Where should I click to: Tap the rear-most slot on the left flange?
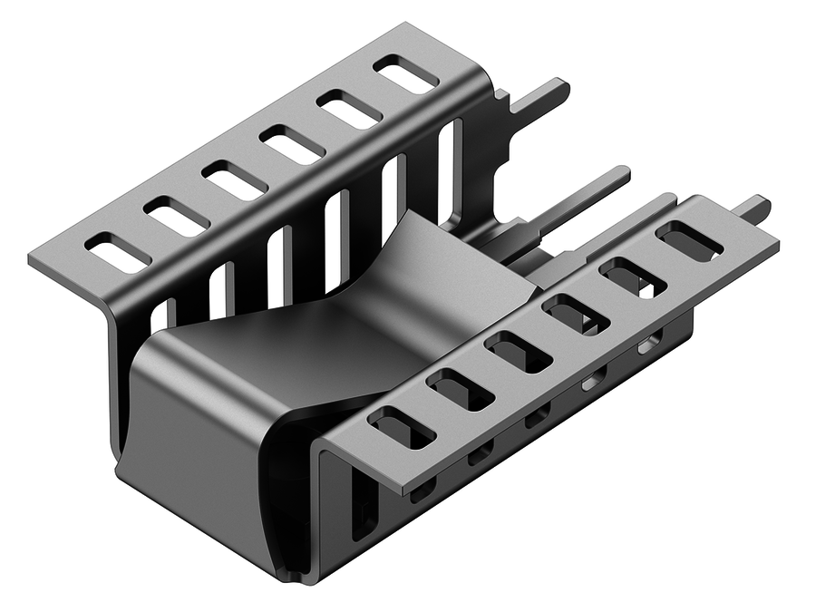point(405,74)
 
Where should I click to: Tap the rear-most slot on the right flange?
point(689,240)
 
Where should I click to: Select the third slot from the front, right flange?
point(518,352)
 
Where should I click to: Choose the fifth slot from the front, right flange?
point(632,277)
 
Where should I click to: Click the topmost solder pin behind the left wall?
point(540,97)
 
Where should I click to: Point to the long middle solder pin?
point(580,195)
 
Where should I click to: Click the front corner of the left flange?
point(32,256)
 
